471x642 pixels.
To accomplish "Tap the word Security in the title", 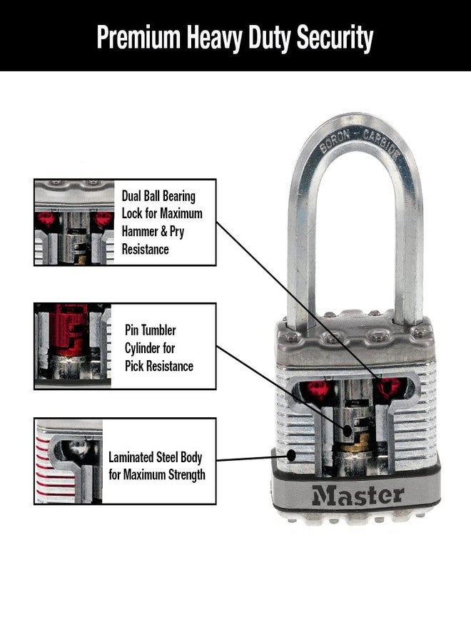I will (x=333, y=38).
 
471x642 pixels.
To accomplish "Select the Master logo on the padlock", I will (x=356, y=494).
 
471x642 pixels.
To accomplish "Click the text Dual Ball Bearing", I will (x=158, y=195).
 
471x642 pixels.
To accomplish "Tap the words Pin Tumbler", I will (x=150, y=330).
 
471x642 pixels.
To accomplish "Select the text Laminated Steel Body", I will (x=156, y=457).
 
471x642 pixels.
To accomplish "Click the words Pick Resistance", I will (x=158, y=366).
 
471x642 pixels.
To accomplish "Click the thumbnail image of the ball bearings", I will (x=74, y=223).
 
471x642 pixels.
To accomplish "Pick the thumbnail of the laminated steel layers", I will (x=69, y=462).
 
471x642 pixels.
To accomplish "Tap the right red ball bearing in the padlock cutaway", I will (x=390, y=387).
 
